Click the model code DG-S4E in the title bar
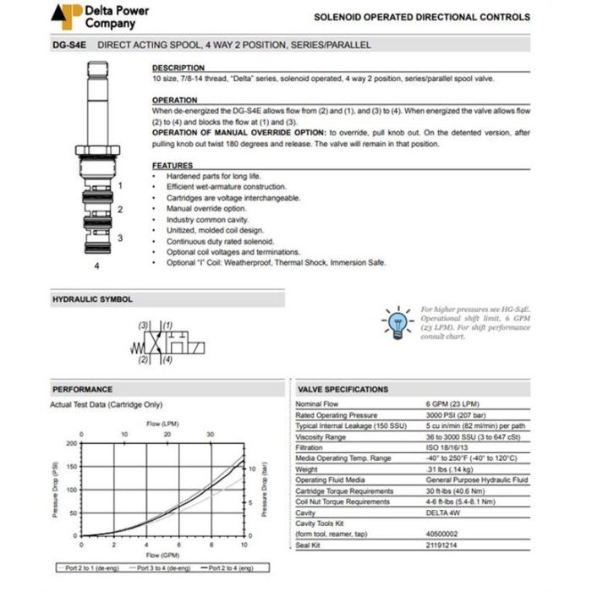(x=69, y=45)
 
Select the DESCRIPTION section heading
(x=178, y=68)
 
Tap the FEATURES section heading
(x=173, y=165)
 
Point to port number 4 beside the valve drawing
(x=97, y=266)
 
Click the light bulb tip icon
(x=397, y=321)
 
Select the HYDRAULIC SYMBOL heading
(x=92, y=299)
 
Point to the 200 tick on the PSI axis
(x=72, y=442)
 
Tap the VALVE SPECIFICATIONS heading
(x=343, y=389)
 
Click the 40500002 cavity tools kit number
(x=441, y=534)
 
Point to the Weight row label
(x=307, y=469)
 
